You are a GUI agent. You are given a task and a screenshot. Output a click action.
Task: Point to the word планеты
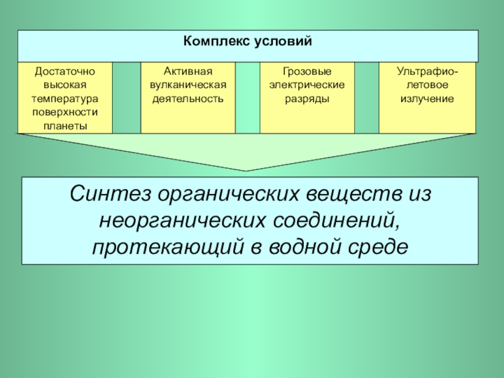coord(65,125)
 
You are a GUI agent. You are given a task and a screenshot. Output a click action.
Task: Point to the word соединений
coord(336,220)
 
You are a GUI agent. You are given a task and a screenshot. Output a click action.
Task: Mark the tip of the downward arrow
coord(247,171)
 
